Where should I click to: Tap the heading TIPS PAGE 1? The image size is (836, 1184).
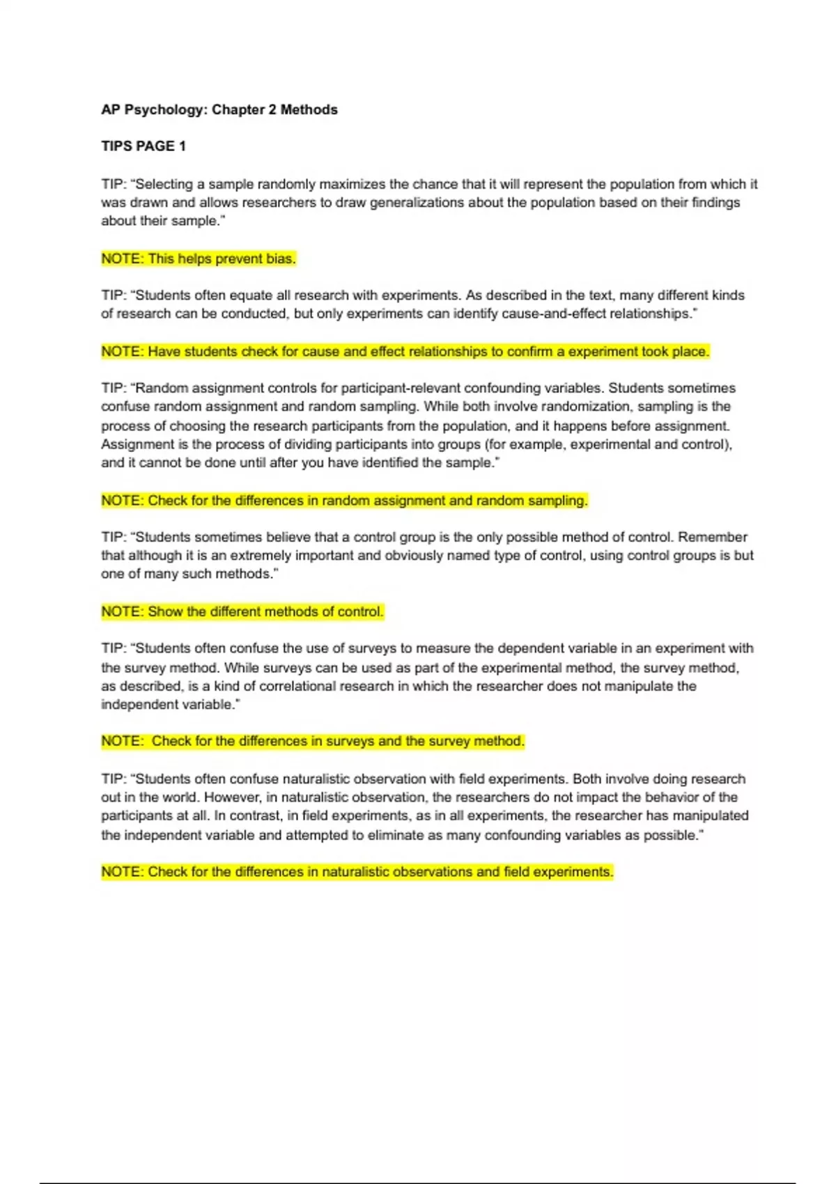pos(144,146)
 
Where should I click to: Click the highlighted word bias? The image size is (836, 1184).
pos(281,259)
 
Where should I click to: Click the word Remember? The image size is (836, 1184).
pos(713,538)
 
